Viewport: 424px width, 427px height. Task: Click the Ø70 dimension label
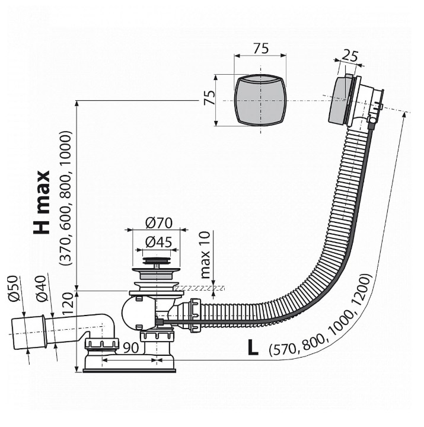click(159, 223)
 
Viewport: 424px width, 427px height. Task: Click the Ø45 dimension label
click(158, 242)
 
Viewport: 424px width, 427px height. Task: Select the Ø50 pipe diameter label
click(14, 289)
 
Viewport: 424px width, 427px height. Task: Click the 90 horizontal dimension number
click(131, 348)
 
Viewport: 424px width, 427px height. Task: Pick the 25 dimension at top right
click(349, 56)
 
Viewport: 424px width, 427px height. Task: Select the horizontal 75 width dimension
click(261, 49)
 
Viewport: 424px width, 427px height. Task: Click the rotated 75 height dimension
click(210, 97)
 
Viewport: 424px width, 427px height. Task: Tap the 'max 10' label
click(206, 254)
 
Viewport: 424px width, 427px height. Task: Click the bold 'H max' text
click(42, 202)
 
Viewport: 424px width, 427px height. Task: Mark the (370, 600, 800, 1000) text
click(66, 198)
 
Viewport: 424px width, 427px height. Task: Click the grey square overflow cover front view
click(260, 100)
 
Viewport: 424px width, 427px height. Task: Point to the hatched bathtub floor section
click(199, 288)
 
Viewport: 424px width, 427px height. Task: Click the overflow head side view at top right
click(354, 101)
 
